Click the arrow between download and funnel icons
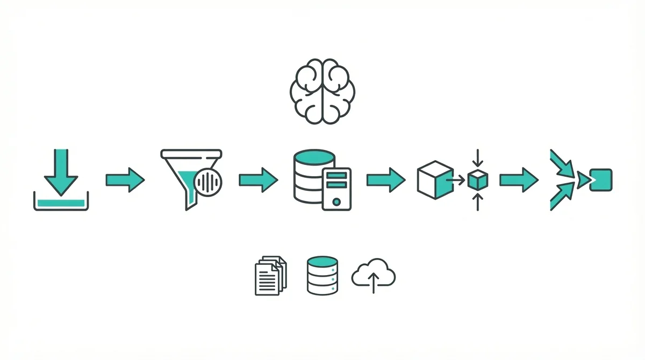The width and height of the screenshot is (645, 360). tap(125, 180)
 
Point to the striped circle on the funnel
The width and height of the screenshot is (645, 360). tap(208, 183)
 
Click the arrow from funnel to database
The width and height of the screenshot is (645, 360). tap(258, 180)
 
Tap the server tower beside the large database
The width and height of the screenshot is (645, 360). tap(336, 188)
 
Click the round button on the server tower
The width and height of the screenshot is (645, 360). tap(336, 202)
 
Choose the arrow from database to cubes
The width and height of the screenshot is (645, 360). tap(385, 180)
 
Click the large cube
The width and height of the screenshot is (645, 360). tap(434, 179)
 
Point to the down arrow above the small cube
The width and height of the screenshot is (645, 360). tap(476, 160)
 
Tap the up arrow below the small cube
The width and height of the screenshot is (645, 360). tap(476, 201)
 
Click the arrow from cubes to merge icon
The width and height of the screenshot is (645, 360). tap(518, 180)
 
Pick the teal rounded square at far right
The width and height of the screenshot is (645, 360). tap(600, 180)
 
